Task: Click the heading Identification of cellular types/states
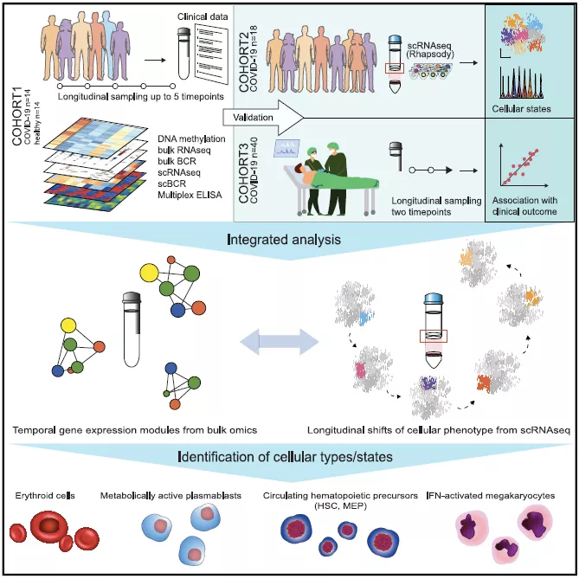pyautogui.click(x=288, y=454)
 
